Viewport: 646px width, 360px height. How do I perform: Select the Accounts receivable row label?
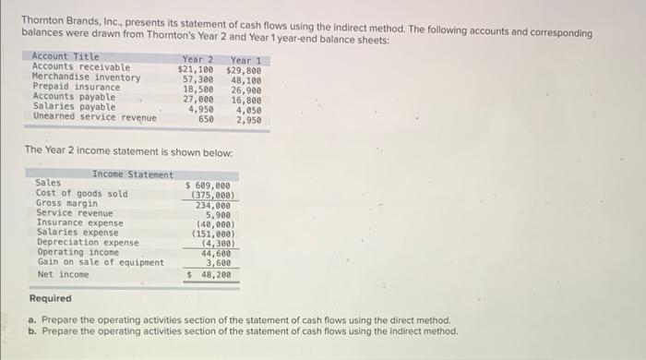coord(81,67)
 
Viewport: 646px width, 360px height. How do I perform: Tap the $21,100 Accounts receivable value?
coord(196,68)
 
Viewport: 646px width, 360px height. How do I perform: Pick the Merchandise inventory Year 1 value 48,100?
coord(244,78)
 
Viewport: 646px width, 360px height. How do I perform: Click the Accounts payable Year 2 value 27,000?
coord(198,98)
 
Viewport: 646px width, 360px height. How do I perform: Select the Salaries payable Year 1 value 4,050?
coord(247,108)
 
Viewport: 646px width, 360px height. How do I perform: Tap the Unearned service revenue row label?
coord(94,117)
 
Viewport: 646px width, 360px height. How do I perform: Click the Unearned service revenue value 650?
coord(206,118)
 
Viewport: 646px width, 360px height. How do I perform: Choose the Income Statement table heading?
coord(132,174)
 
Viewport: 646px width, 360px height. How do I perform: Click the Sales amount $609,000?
coord(212,185)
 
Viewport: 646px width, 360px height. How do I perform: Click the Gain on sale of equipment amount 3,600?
coord(219,263)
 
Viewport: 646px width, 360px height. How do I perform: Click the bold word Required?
coord(50,299)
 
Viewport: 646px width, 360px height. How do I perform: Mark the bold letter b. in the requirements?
coord(33,330)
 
